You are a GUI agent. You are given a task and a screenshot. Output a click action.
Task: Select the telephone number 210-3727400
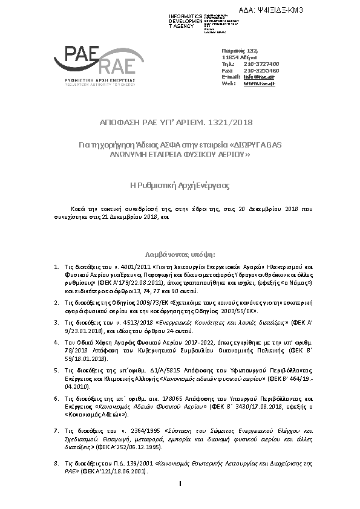[261, 63]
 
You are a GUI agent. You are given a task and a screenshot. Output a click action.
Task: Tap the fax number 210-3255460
[261, 70]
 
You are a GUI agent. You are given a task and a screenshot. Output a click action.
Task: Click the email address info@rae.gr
[255, 77]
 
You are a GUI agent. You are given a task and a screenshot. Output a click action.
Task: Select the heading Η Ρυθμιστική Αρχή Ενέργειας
[180, 185]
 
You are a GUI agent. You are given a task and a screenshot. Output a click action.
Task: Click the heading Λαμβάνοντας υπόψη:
[180, 255]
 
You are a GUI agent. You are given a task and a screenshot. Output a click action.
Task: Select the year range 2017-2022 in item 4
[212, 342]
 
